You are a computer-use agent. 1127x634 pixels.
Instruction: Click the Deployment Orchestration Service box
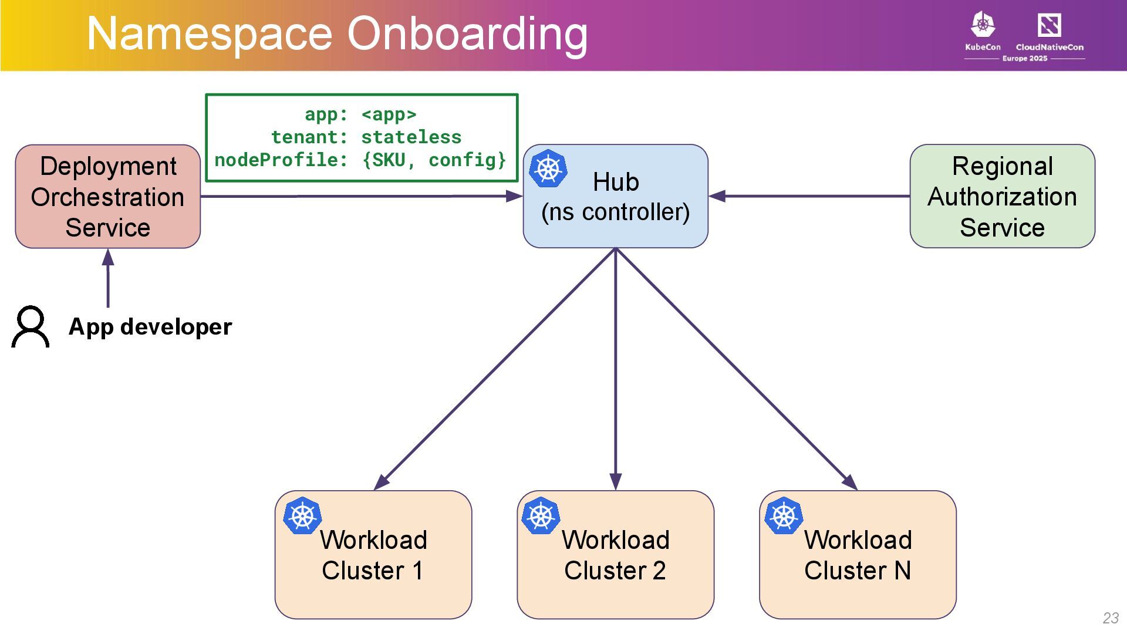pos(107,197)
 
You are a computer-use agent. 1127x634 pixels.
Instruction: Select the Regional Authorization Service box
pos(1002,197)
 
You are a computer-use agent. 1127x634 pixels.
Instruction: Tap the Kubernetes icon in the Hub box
pos(548,168)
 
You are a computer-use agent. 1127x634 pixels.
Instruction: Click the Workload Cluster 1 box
pos(373,555)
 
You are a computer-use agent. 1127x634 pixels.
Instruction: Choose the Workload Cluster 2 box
pos(615,555)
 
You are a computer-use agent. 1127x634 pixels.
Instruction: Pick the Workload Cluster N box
pos(858,555)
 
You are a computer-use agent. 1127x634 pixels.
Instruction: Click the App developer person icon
pos(31,326)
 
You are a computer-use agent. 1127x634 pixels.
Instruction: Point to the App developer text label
pos(150,326)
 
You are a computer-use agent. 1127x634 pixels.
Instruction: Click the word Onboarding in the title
pos(467,33)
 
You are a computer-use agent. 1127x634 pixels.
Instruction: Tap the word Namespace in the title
pos(210,33)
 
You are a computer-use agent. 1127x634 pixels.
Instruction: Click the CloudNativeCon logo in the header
pos(1050,31)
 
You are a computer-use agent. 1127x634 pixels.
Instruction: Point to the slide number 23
pos(1111,618)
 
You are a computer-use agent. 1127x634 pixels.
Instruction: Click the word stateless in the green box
pos(411,137)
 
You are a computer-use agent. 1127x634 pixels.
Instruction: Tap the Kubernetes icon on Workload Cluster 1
pos(302,516)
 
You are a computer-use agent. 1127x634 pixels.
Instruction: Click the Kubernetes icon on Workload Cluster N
pos(784,516)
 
